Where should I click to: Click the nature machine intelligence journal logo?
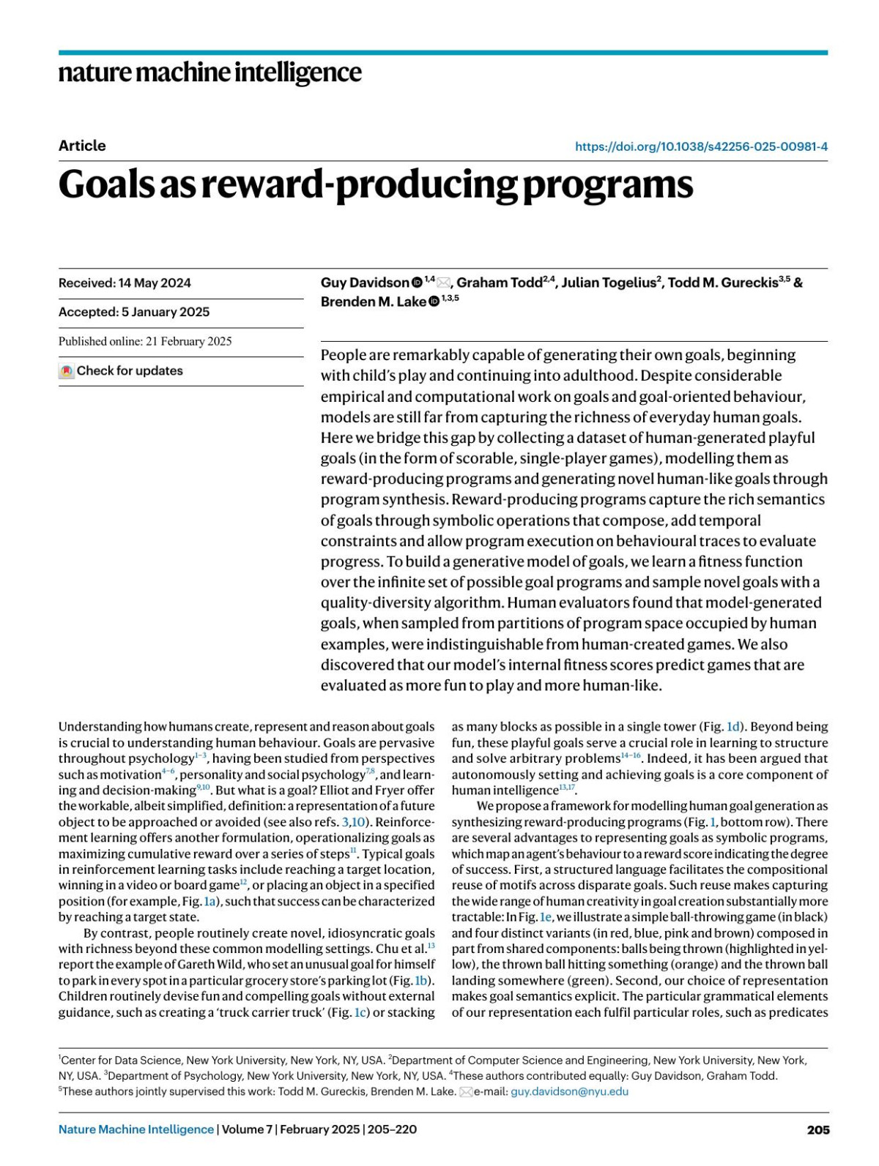pyautogui.click(x=209, y=72)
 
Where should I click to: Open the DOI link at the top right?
pyautogui.click(x=701, y=146)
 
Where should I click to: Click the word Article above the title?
pyautogui.click(x=82, y=146)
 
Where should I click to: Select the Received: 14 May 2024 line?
pyautogui.click(x=125, y=283)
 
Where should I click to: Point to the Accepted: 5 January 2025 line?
pyautogui.click(x=134, y=312)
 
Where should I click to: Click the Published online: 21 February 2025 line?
pyautogui.click(x=145, y=341)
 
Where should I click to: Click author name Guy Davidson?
pyautogui.click(x=364, y=283)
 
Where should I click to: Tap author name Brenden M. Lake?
pyautogui.click(x=373, y=302)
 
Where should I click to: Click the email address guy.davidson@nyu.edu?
pyautogui.click(x=569, y=1091)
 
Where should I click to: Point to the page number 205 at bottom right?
pyautogui.click(x=817, y=1129)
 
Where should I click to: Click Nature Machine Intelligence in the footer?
pyautogui.click(x=136, y=1129)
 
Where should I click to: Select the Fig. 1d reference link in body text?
pyautogui.click(x=724, y=727)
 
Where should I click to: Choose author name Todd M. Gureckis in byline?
pyautogui.click(x=728, y=283)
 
